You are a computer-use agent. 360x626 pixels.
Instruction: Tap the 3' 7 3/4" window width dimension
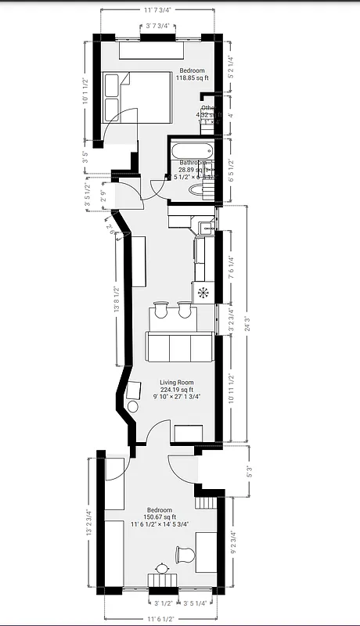(x=160, y=27)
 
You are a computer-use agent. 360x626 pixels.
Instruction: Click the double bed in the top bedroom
(x=136, y=97)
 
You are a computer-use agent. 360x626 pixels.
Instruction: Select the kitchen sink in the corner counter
(x=205, y=228)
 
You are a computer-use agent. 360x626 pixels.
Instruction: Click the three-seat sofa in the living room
(x=178, y=347)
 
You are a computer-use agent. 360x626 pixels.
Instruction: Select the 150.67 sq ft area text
(x=160, y=517)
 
